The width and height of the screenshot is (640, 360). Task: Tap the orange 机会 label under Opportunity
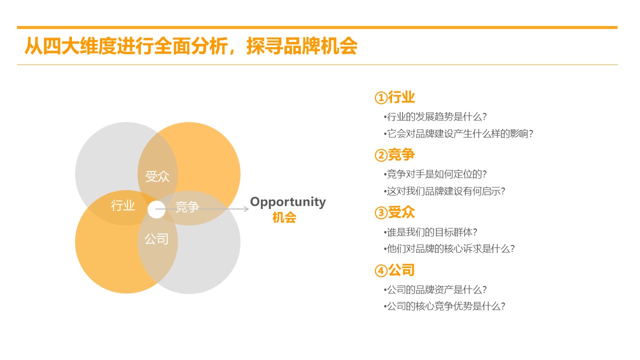284,217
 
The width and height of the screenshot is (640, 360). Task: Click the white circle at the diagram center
156,209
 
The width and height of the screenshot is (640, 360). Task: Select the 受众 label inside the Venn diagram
157,176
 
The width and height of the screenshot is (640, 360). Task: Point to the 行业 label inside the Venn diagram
123,205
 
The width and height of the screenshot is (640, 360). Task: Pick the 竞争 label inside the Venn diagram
187,206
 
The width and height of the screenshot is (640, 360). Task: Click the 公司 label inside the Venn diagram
156,239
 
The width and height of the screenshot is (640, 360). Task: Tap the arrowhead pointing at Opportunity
246,209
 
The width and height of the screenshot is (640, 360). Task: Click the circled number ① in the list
381,97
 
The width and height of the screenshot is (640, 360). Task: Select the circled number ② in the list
381,155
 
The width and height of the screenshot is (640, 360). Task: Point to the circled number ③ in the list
381,213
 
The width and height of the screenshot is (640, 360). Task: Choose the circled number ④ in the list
381,270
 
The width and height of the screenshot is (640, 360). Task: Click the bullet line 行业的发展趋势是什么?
435,116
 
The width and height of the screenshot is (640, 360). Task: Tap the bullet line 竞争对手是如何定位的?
435,174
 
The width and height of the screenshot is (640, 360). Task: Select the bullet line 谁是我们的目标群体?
430,232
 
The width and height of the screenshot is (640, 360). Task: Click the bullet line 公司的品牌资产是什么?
435,289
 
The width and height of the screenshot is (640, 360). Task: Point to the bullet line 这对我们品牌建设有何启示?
444,191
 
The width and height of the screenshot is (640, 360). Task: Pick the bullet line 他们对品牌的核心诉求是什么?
449,248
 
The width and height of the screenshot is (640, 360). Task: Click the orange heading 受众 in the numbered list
401,212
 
